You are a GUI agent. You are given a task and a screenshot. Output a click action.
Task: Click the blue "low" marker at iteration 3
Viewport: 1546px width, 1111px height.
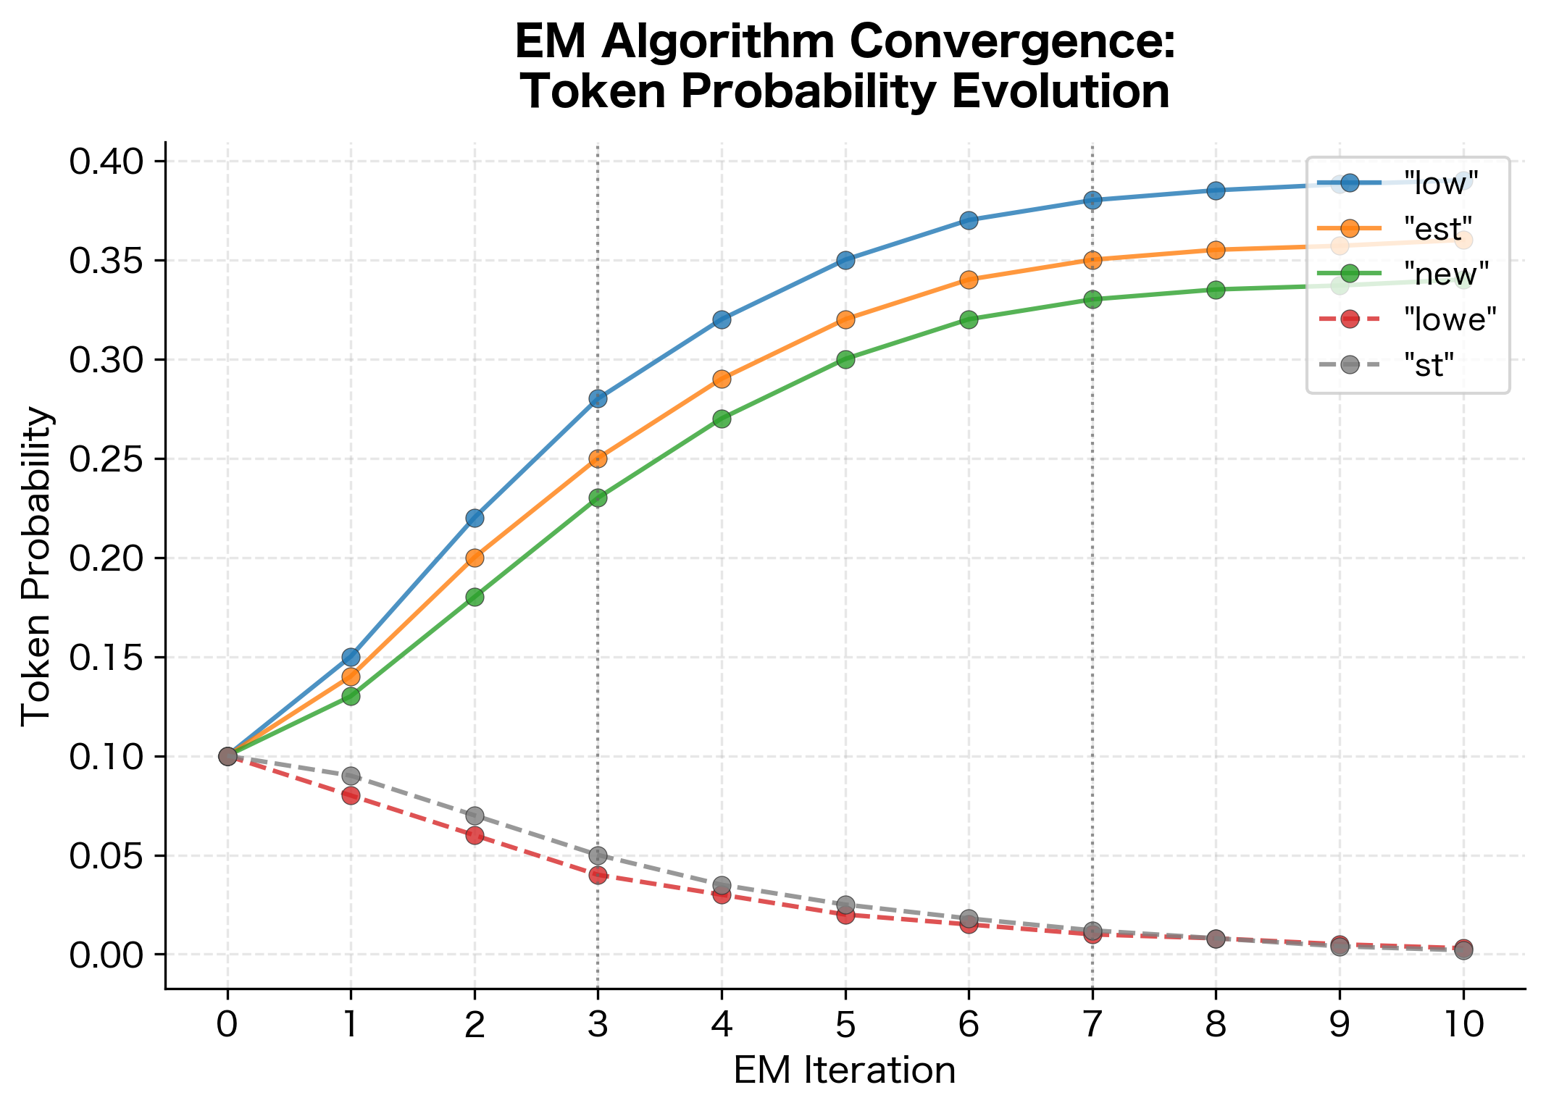tap(598, 399)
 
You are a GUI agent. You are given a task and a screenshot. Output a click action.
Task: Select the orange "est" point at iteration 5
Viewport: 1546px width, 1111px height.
tap(845, 319)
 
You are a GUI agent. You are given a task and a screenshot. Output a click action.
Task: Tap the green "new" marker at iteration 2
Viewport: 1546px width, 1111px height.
tap(475, 598)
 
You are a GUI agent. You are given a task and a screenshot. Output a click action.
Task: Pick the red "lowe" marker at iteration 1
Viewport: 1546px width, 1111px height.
tap(351, 796)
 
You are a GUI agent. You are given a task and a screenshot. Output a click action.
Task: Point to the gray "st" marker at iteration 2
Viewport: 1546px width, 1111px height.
tap(475, 816)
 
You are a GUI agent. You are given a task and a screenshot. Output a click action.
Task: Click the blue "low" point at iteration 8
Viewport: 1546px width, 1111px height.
tap(1216, 190)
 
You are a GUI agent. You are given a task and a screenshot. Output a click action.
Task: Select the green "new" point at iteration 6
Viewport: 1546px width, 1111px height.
tap(969, 319)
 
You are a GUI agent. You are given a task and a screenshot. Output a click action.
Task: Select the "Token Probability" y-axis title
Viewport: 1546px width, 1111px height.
tap(36, 565)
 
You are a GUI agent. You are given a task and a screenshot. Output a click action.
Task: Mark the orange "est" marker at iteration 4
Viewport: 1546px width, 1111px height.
tap(722, 379)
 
